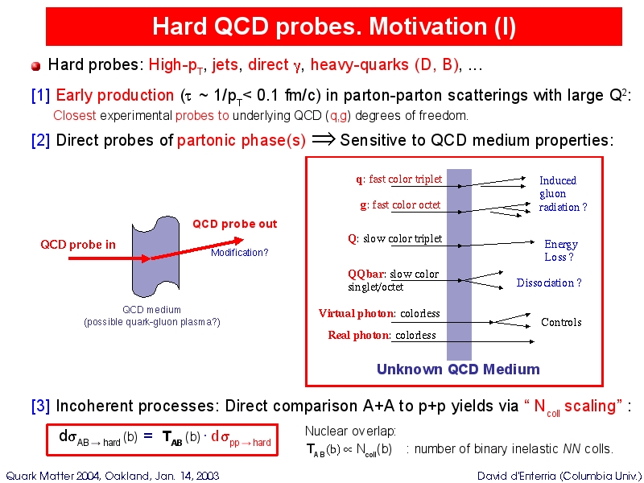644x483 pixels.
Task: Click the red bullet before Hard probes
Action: click(x=35, y=66)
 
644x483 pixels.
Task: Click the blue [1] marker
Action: click(x=40, y=96)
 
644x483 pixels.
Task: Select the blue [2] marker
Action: click(x=40, y=140)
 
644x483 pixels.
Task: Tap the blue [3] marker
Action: click(x=40, y=406)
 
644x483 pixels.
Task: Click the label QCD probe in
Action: click(x=78, y=245)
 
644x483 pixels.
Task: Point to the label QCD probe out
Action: click(x=235, y=225)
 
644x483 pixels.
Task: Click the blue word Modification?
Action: click(x=239, y=253)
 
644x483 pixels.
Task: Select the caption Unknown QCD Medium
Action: click(x=458, y=369)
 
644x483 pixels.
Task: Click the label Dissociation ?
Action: click(x=549, y=283)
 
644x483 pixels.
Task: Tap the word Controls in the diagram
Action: click(x=561, y=322)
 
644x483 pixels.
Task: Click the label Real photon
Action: click(x=357, y=335)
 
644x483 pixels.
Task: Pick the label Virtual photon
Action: click(x=356, y=313)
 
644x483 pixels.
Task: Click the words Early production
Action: click(x=114, y=96)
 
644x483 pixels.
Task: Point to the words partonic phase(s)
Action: click(x=242, y=140)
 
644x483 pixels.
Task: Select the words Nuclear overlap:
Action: click(x=350, y=431)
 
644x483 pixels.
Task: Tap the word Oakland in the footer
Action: click(x=124, y=476)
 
